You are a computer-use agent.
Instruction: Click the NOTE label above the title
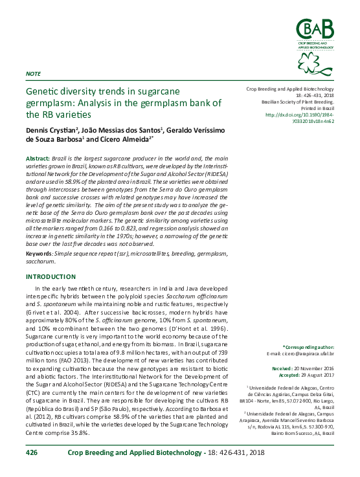(x=32, y=74)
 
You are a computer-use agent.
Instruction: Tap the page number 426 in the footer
(x=32, y=454)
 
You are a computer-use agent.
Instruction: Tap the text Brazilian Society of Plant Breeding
(x=297, y=102)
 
